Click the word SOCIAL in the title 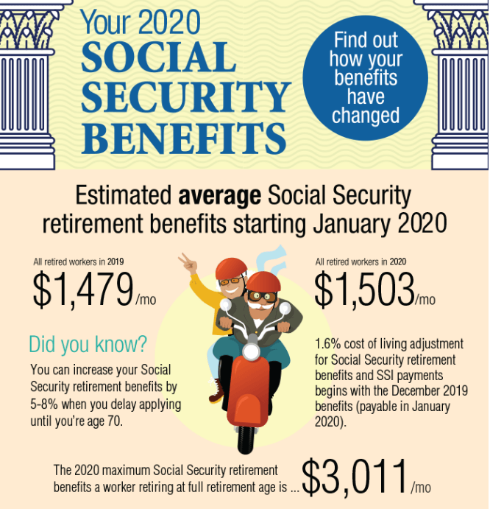[159, 57]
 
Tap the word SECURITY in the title [186, 96]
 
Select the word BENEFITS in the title [183, 138]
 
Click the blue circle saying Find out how [366, 78]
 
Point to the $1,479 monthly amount [94, 289]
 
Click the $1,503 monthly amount [375, 289]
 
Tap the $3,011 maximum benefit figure [366, 477]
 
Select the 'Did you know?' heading [88, 344]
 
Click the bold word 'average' [220, 196]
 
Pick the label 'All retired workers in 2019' [79, 261]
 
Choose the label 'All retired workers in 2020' [361, 261]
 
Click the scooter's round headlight [252, 351]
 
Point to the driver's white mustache [261, 306]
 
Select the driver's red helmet [263, 282]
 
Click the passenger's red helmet [231, 268]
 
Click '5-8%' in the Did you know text [44, 404]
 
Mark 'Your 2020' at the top [141, 22]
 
